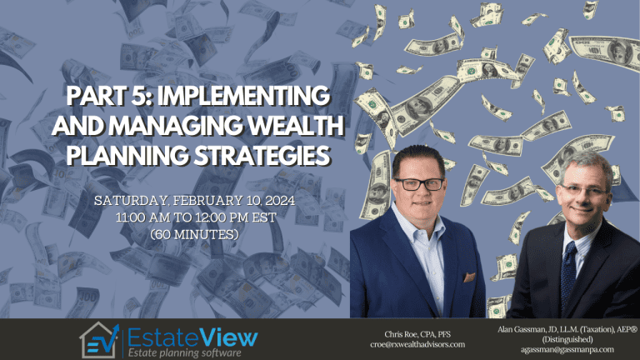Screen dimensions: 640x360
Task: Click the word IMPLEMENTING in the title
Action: pos(243,96)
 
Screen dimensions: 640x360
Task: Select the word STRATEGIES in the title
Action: pos(261,155)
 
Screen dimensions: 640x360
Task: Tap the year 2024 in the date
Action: pos(279,200)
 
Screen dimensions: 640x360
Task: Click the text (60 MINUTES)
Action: pos(194,234)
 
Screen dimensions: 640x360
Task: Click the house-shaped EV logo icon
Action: pos(100,340)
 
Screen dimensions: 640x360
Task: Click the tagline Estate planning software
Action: pos(184,352)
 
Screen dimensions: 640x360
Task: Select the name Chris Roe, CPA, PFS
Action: pos(417,334)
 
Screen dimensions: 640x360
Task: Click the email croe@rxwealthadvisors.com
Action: pos(417,344)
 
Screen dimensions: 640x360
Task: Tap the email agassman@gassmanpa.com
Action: pos(567,349)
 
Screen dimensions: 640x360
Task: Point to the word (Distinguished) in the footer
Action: pos(567,339)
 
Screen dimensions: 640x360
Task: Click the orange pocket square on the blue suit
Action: pos(469,277)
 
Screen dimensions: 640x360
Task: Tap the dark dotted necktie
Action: pos(568,274)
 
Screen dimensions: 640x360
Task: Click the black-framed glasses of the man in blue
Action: pos(419,184)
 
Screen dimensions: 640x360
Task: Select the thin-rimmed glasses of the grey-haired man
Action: pos(584,190)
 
